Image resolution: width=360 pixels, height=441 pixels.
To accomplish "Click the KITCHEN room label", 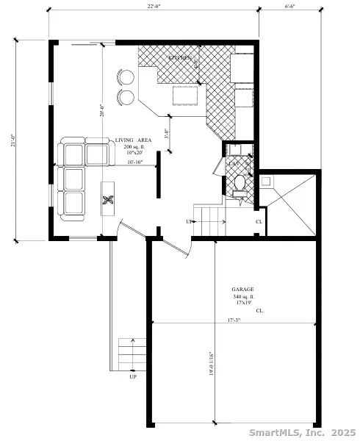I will [x=180, y=57].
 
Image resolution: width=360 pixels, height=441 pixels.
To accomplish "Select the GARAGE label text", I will [x=242, y=290].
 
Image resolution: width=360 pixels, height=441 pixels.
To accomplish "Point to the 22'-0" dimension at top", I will [x=154, y=7].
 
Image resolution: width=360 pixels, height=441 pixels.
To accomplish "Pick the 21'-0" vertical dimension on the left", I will [x=12, y=140].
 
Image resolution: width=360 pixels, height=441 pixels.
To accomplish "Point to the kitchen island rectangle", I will [x=187, y=96].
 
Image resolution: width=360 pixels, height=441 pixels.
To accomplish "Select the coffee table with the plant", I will [x=108, y=199].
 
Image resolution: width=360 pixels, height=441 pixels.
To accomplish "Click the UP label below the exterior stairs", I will [x=133, y=377].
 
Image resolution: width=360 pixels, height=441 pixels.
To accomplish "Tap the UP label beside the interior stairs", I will [x=189, y=221].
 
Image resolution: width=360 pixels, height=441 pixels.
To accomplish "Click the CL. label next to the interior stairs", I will [x=259, y=221].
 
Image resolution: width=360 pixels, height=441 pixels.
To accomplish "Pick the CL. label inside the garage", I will [x=260, y=311].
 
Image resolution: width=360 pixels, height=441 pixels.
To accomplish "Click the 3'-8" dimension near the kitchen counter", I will [x=168, y=135].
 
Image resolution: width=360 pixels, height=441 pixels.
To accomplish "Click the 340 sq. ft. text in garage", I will [x=243, y=296].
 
